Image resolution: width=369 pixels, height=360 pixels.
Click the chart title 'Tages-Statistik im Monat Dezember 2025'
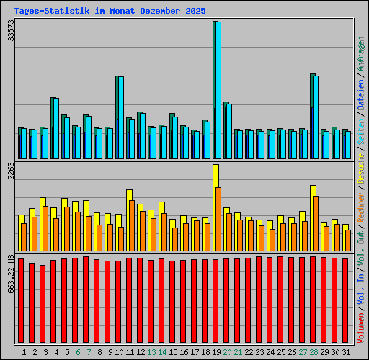pyautogui.click(x=110, y=12)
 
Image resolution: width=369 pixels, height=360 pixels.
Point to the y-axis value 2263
pyautogui.click(x=10, y=174)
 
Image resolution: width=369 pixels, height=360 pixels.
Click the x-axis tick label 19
pyautogui.click(x=216, y=352)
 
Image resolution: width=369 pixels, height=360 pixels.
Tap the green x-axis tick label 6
pyautogui.click(x=78, y=352)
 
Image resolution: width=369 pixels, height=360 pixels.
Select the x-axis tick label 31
pyautogui.click(x=346, y=352)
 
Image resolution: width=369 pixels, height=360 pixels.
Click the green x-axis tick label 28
pyautogui.click(x=314, y=352)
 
